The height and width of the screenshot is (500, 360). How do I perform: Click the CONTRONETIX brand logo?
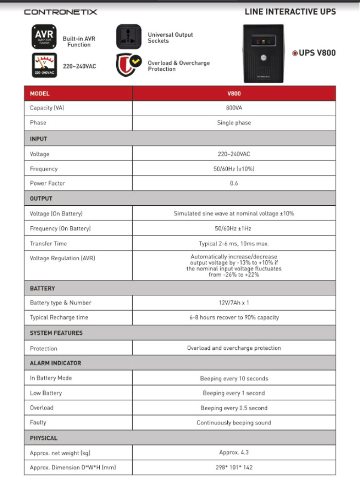[60, 11]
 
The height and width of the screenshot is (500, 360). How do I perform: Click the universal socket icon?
[128, 37]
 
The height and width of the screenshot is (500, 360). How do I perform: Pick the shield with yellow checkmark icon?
[128, 65]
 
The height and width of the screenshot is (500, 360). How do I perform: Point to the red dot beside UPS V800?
[295, 53]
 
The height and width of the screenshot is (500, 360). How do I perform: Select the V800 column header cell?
[233, 94]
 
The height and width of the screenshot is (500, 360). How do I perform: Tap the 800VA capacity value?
[233, 108]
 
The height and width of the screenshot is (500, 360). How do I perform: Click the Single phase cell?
[233, 123]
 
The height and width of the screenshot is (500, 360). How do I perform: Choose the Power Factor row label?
[47, 183]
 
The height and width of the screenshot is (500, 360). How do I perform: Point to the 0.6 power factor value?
[233, 183]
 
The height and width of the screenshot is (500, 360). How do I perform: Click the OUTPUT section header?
[41, 198]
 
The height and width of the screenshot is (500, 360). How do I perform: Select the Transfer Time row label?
[48, 243]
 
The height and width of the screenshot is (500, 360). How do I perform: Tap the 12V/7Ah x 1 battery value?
[233, 302]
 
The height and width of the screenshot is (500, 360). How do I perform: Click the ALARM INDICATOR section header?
[55, 363]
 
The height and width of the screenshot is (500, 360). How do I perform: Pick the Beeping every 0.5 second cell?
[233, 408]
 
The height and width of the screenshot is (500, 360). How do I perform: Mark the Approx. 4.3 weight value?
[233, 453]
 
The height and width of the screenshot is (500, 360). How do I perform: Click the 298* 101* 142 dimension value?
[233, 467]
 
